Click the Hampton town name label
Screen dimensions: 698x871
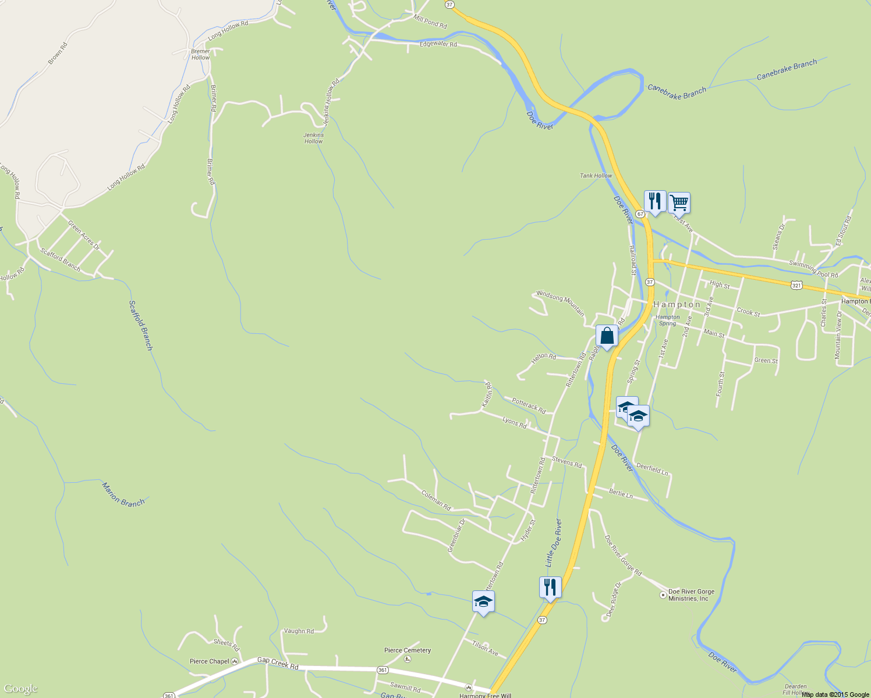pos(677,305)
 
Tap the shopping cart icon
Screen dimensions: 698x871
pos(679,203)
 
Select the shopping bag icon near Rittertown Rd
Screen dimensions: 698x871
pos(607,336)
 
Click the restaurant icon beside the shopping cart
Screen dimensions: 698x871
pos(655,201)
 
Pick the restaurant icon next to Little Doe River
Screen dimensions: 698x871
pos(550,587)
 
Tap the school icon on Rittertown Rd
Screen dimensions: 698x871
pos(483,601)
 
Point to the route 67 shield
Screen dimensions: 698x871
pos(640,214)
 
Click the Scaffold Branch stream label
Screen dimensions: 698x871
pos(141,325)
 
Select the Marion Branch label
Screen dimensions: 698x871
pos(123,494)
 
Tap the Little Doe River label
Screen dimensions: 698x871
pos(554,543)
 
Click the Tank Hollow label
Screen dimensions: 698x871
pos(596,176)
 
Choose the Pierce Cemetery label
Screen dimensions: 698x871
pos(408,650)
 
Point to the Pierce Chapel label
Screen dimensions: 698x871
pos(210,661)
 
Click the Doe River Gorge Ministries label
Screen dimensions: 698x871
pos(691,595)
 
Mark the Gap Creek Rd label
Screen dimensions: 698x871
pos(278,663)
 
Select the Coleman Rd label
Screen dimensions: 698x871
pos(436,500)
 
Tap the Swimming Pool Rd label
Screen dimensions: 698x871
pos(813,269)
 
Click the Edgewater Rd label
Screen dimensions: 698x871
pos(438,44)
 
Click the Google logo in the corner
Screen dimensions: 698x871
pos(21,689)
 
